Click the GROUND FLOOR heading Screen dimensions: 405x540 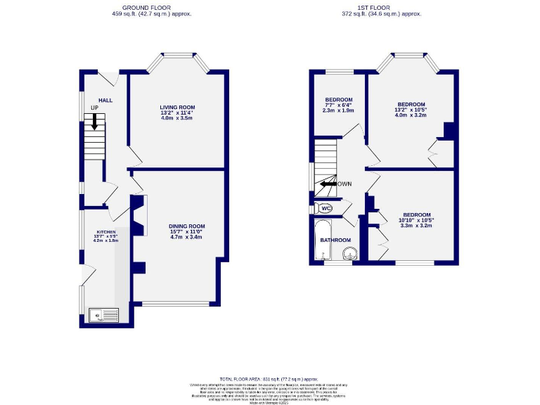(153, 8)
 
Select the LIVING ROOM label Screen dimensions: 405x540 (176, 107)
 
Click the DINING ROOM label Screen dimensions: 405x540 (186, 226)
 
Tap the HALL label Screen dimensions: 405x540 (105, 101)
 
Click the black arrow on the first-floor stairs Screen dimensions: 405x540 (328, 184)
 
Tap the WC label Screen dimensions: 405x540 (326, 208)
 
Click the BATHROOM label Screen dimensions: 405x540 (335, 240)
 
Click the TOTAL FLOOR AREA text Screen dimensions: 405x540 (269, 378)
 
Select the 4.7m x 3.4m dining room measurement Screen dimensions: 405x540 (186, 237)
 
